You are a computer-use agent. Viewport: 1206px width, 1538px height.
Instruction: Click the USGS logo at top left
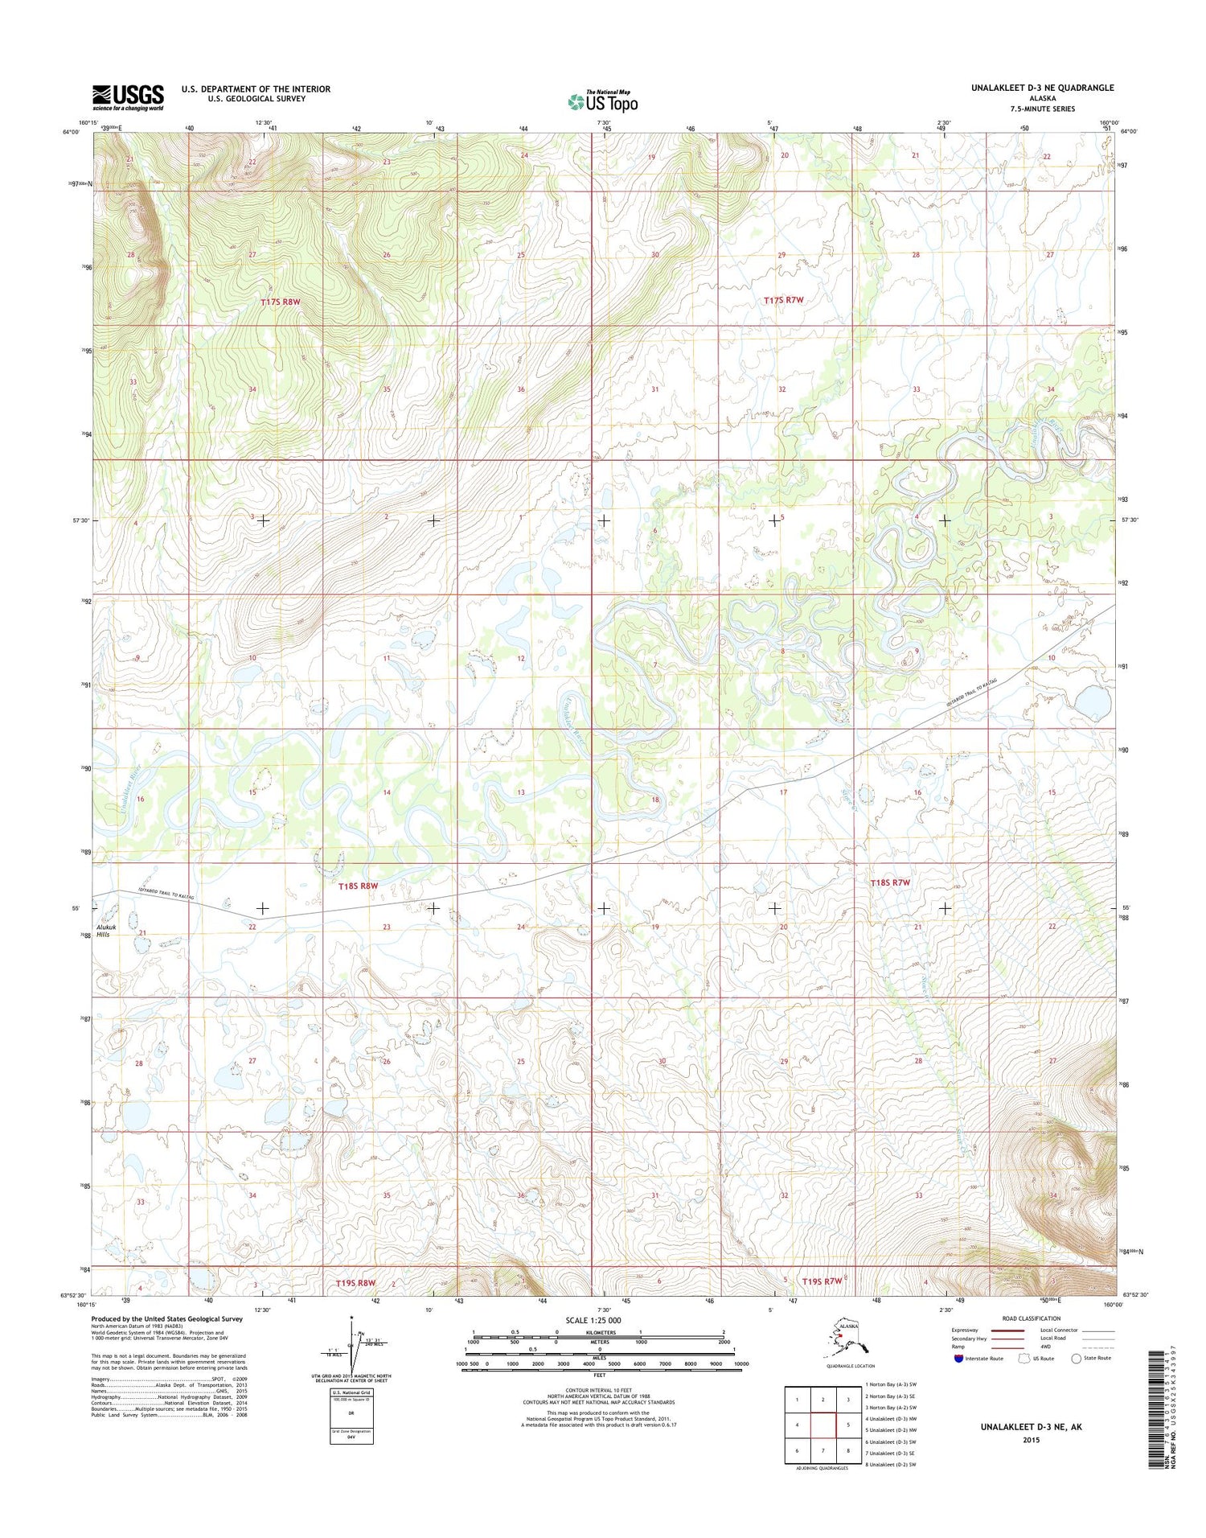click(128, 97)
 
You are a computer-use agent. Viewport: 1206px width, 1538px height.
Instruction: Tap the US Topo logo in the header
click(602, 101)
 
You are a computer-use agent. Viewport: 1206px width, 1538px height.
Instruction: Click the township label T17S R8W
click(280, 302)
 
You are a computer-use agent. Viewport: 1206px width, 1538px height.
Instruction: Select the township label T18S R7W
click(890, 882)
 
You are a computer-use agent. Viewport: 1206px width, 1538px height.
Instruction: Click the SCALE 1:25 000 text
click(593, 1321)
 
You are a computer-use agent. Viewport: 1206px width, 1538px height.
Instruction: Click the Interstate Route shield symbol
click(958, 1359)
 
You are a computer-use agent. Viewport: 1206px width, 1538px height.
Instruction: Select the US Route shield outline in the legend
click(1023, 1359)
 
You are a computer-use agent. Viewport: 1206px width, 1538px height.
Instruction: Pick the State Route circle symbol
click(1076, 1359)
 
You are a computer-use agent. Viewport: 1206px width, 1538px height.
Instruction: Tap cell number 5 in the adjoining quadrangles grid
click(848, 1425)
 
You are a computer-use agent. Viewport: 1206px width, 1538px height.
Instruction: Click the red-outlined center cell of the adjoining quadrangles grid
click(822, 1425)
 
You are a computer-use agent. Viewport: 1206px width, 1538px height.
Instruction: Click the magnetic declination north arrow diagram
click(351, 1345)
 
